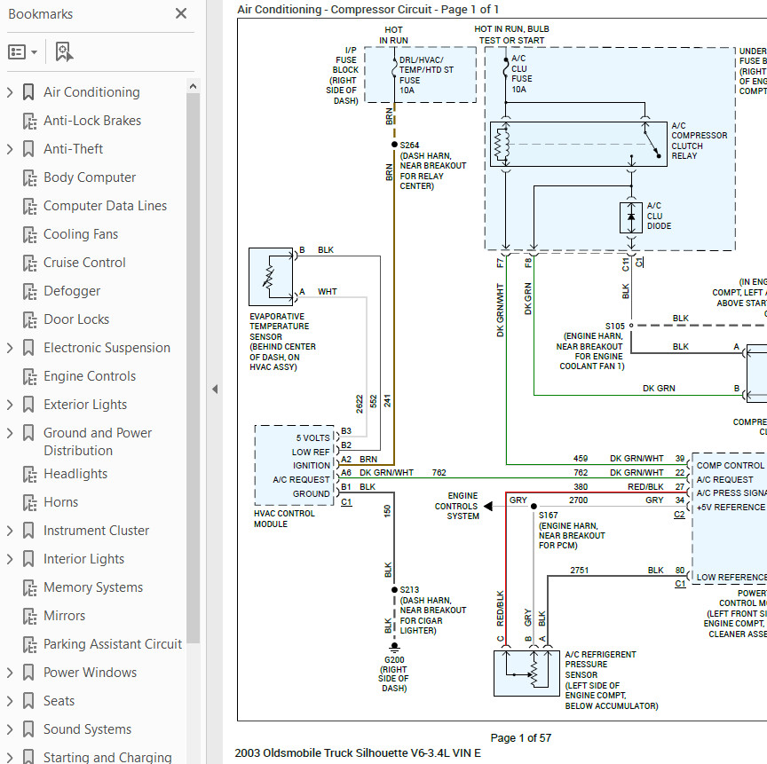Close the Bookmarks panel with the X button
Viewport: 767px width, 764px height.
pos(181,13)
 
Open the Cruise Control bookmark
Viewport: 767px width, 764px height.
pos(84,263)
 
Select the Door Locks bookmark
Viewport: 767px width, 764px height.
pos(76,319)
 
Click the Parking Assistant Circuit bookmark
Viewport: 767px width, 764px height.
pos(113,644)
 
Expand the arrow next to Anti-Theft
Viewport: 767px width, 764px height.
pos(10,149)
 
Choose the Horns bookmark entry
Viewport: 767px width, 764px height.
pos(60,502)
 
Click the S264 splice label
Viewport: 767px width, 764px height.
pos(409,145)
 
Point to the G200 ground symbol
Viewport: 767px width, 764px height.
pos(394,647)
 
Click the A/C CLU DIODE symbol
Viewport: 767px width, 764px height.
pos(631,217)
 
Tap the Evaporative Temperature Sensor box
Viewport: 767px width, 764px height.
pos(271,277)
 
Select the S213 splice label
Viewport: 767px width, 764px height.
pos(409,589)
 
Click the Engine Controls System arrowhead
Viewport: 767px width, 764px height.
pos(486,507)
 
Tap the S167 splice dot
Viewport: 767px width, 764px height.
pos(534,507)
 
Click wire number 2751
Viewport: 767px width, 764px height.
pos(579,570)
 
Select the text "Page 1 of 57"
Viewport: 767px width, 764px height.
pos(520,737)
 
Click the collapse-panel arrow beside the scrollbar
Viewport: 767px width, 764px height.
pos(214,389)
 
